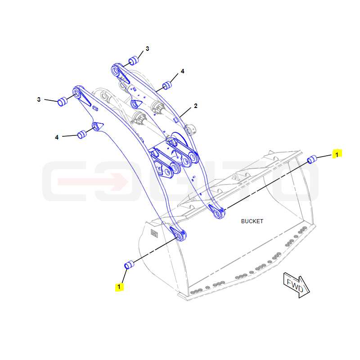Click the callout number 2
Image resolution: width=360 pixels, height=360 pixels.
(x=196, y=106)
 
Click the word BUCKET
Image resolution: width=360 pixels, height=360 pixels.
(x=252, y=221)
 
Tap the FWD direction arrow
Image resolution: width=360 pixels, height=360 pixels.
(x=297, y=285)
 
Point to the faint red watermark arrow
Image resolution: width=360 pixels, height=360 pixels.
(x=93, y=182)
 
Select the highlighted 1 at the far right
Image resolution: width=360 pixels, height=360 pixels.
(x=337, y=155)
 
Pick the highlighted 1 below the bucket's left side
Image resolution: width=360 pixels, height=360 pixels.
(x=119, y=287)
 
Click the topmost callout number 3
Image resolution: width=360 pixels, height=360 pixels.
(x=148, y=49)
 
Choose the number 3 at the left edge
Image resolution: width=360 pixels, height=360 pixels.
(x=39, y=99)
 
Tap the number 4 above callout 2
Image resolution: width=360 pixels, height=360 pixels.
(x=183, y=71)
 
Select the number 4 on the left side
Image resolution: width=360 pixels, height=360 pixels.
(x=57, y=137)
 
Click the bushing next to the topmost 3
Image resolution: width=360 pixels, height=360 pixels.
(x=134, y=60)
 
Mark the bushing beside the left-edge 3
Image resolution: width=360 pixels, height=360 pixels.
(x=62, y=102)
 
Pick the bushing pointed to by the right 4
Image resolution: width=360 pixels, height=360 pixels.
(x=167, y=85)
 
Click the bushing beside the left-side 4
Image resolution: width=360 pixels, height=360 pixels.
(x=82, y=135)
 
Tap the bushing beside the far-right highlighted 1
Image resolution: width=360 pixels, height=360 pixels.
(x=312, y=159)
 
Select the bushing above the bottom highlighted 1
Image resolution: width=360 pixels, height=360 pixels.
(x=129, y=265)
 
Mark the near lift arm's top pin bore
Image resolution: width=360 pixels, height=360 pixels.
(x=76, y=93)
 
